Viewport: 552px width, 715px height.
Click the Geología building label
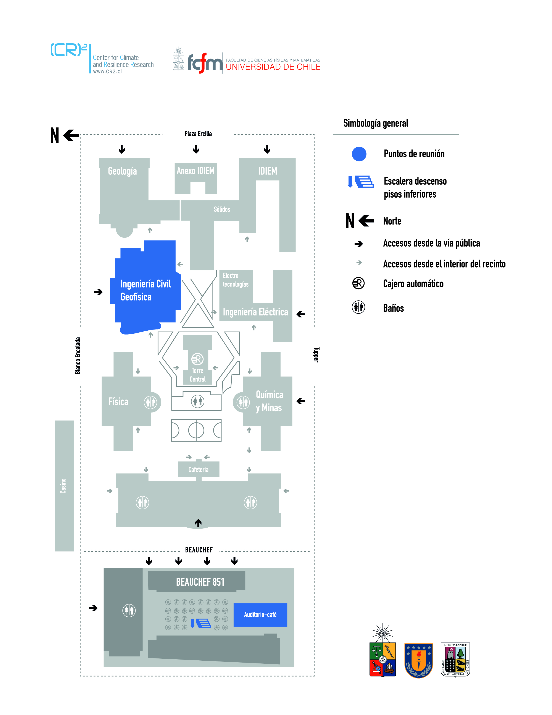(122, 171)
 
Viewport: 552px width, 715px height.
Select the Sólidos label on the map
(222, 209)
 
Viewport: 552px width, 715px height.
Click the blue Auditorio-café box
(260, 614)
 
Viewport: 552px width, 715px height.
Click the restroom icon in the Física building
(150, 402)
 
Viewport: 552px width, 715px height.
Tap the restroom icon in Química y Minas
(243, 402)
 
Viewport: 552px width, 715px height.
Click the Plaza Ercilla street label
(198, 133)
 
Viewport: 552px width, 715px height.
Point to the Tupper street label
(316, 354)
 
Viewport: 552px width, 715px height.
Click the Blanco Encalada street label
(77, 356)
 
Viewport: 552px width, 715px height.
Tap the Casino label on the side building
(63, 486)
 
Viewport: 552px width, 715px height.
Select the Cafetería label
(198, 470)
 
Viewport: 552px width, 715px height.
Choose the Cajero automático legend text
(413, 284)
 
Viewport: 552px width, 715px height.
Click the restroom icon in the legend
(358, 307)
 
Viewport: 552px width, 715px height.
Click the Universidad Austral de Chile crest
(455, 659)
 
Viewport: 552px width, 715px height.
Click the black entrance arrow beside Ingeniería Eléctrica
(300, 314)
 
